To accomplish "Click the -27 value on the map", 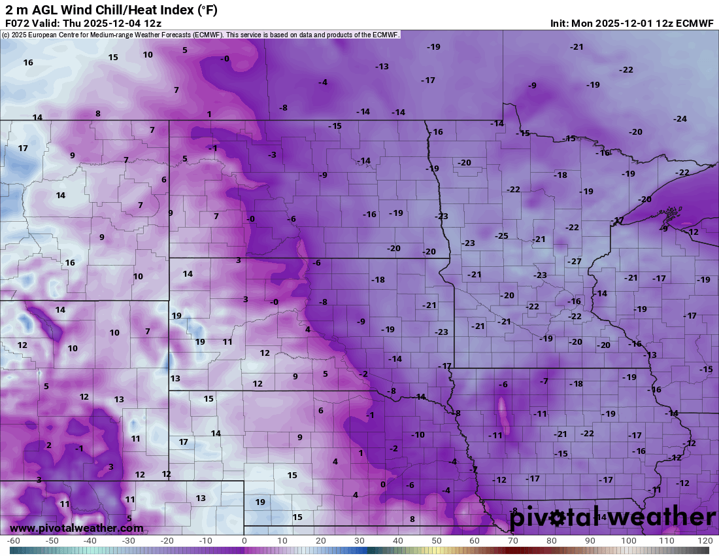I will [x=575, y=262].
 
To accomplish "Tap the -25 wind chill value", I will [x=501, y=236].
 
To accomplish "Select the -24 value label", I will [x=680, y=119].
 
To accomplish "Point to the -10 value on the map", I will [x=418, y=435].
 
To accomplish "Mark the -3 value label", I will [x=272, y=155].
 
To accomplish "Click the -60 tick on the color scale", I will [x=13, y=541].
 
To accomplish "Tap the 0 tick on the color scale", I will [x=244, y=541].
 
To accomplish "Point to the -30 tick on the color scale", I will [x=129, y=541].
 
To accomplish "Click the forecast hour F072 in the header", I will [x=18, y=23].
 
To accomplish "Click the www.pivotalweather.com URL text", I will [x=76, y=528].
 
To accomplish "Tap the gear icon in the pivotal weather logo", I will [x=557, y=518].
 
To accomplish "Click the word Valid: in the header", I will [x=49, y=23].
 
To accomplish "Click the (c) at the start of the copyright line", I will [x=6, y=35].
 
